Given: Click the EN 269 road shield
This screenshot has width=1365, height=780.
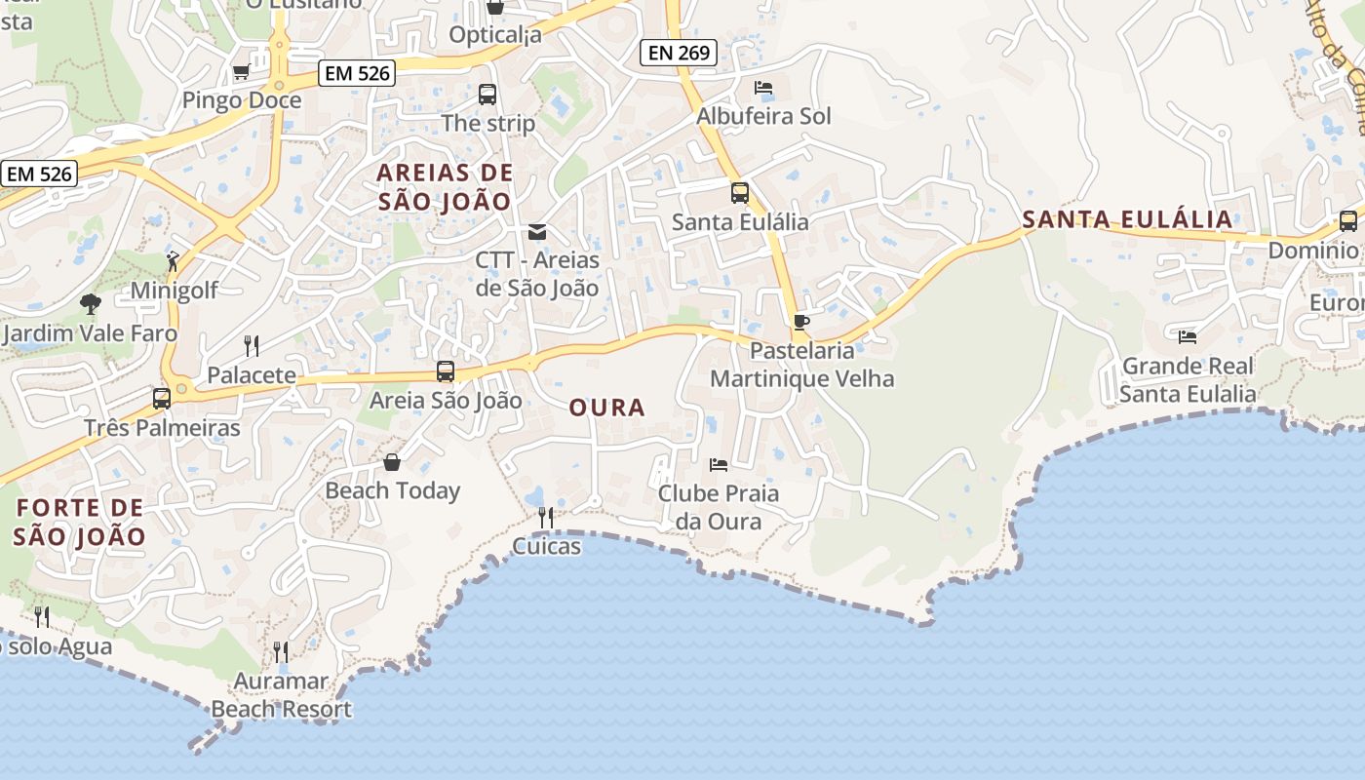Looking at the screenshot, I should (x=679, y=53).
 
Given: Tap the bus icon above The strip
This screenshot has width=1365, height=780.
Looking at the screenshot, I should (x=487, y=95).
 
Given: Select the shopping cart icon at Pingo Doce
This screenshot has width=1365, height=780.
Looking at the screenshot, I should (x=241, y=71).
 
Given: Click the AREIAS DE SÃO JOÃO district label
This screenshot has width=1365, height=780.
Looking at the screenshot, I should (x=445, y=187).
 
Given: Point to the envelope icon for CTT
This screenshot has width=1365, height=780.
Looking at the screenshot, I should (x=537, y=232).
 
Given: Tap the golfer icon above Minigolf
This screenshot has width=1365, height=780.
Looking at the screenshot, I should (x=174, y=260).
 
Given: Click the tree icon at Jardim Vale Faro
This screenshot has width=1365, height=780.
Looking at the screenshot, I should (x=91, y=304).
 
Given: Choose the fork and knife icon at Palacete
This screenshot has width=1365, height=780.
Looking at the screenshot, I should (x=252, y=345).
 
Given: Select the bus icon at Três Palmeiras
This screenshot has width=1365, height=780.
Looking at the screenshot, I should (x=162, y=398).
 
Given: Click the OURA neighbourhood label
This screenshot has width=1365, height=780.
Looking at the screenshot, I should (x=607, y=408).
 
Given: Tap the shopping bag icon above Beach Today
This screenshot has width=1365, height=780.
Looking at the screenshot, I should (x=392, y=461).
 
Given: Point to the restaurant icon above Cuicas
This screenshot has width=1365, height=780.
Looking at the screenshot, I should (x=546, y=517).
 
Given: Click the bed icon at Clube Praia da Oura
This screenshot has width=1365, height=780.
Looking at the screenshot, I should (x=719, y=464).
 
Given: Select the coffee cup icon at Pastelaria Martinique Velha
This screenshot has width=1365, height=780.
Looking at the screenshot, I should (x=801, y=322).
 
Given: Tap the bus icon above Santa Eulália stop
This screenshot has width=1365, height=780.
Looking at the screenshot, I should (x=740, y=193).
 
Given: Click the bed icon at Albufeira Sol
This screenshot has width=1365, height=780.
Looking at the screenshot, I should (x=763, y=88).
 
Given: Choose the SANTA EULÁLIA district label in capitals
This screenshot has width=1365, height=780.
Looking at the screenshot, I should (x=1127, y=219).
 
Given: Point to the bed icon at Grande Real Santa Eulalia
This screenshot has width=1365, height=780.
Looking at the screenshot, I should (x=1187, y=337).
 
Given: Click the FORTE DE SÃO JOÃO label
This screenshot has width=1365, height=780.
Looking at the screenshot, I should (x=80, y=522).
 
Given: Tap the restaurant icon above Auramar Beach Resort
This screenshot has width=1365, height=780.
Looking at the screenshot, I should (x=281, y=651).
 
